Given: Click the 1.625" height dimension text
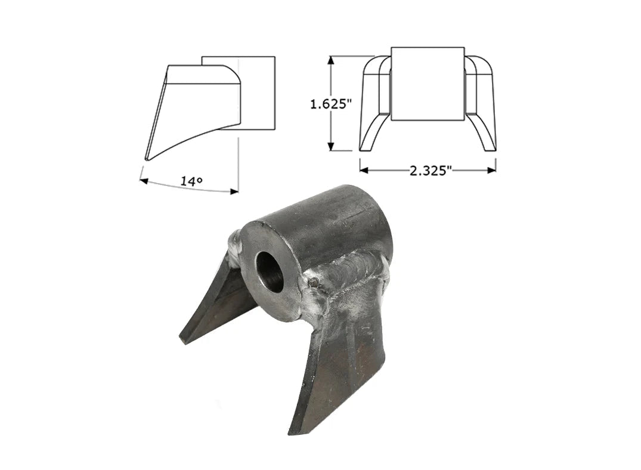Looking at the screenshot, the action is pos(331,104).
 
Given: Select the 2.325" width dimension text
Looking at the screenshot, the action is pos(428,170).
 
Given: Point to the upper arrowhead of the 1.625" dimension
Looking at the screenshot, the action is pos(332,61).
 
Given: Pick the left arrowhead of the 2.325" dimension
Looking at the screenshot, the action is pos(364,170).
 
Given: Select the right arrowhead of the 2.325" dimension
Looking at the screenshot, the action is pos(491,170).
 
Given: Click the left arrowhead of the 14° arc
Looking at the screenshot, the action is pos(144,180).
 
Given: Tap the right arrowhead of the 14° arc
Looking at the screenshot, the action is pos(234,191).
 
